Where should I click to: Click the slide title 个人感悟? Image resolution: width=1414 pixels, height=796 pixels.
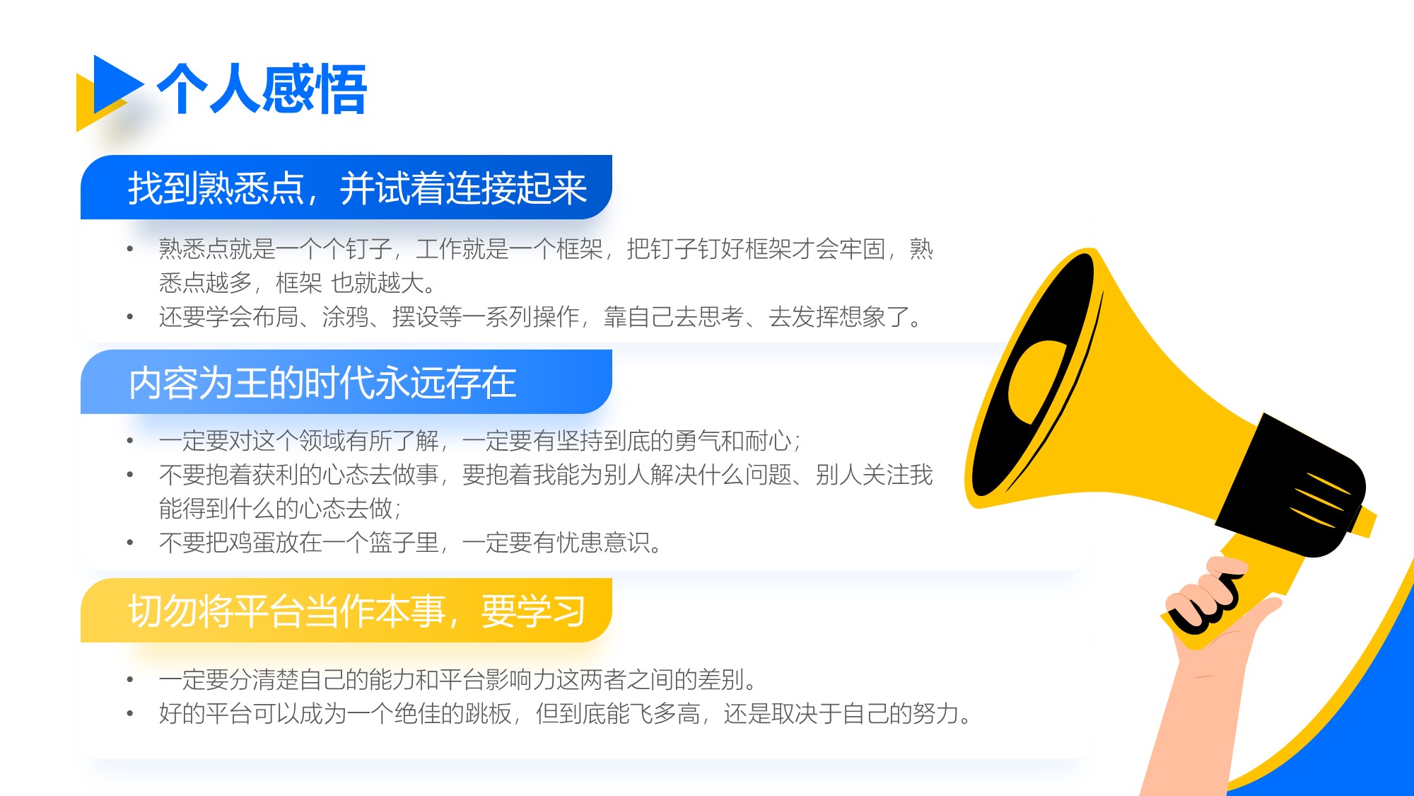[x=262, y=88]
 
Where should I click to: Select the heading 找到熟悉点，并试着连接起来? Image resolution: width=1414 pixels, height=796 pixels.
[x=357, y=188]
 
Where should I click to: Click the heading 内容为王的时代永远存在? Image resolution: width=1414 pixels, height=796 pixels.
[x=322, y=383]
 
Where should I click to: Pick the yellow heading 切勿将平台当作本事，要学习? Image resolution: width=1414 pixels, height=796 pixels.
[x=357, y=611]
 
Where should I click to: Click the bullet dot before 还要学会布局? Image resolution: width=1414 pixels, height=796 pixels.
[x=130, y=317]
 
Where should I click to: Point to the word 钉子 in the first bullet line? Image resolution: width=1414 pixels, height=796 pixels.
[x=369, y=249]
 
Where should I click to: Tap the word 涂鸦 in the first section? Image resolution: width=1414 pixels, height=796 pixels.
[x=346, y=317]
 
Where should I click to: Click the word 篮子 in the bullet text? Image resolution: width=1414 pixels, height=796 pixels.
[x=392, y=543]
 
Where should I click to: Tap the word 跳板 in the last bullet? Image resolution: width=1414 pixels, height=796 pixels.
[x=488, y=713]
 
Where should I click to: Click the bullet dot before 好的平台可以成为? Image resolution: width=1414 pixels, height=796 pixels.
[x=130, y=713]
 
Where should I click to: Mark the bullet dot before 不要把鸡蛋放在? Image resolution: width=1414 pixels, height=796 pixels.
[x=130, y=543]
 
